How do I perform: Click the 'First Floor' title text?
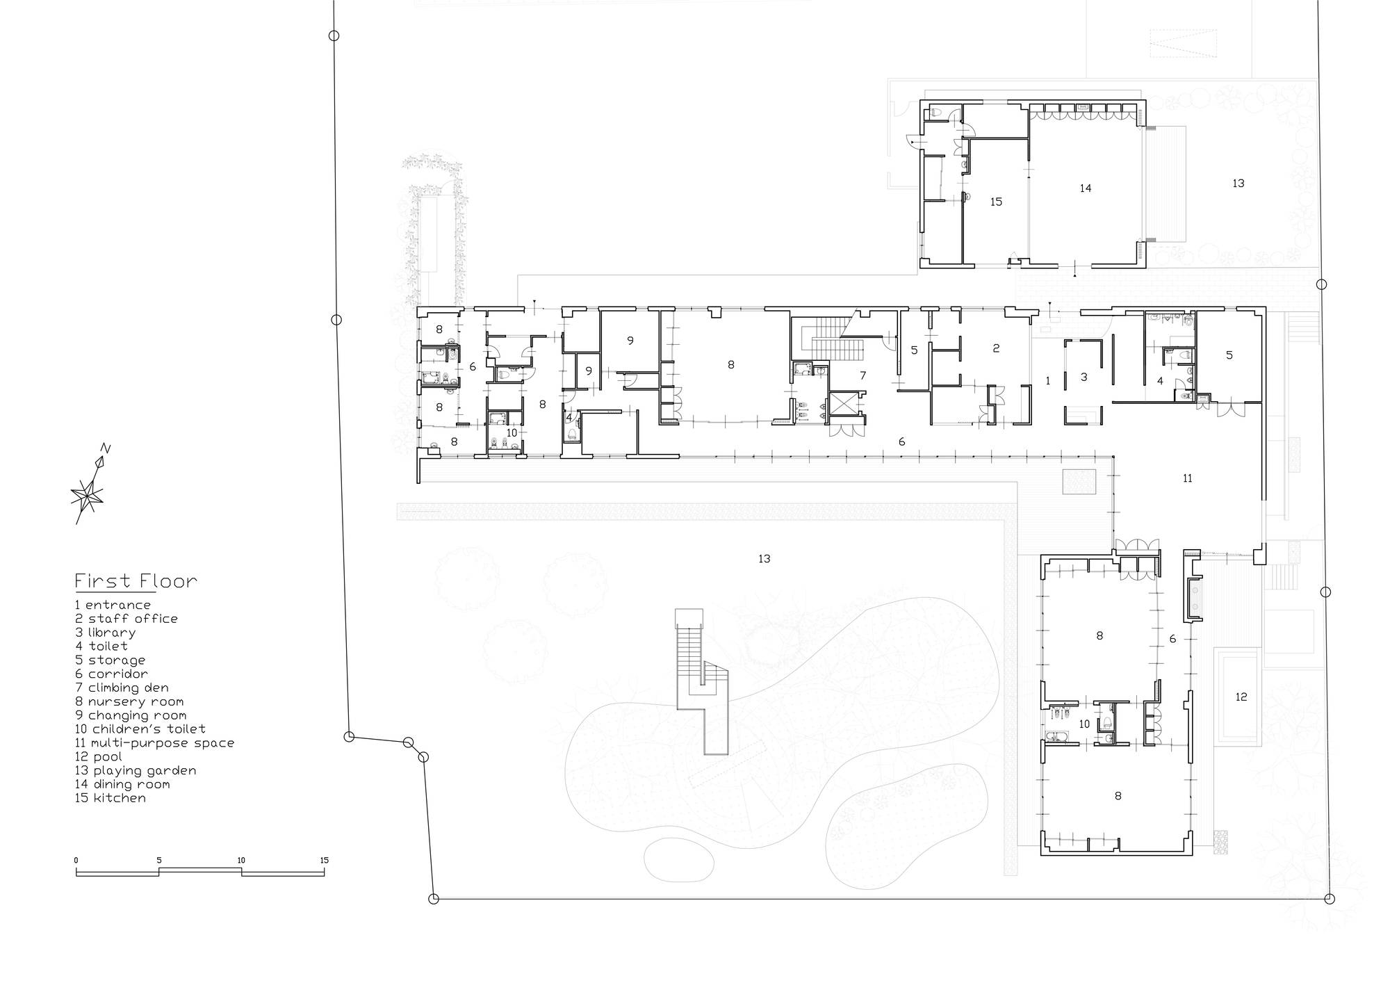pos(136,581)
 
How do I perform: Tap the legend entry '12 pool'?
pos(99,756)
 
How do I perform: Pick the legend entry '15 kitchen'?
pos(111,798)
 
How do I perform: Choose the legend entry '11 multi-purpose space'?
pos(154,743)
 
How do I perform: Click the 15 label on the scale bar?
pos(324,861)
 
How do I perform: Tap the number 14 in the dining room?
pos(1086,188)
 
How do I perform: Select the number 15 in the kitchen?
pos(996,202)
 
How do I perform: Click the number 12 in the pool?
pos(1241,697)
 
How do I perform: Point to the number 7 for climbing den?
pos(863,375)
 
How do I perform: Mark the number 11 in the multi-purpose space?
pos(1187,478)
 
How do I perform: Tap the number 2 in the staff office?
pos(996,348)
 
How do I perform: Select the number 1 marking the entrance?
pos(1048,380)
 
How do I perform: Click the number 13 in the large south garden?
pos(764,559)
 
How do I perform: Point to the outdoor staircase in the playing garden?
pos(702,681)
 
